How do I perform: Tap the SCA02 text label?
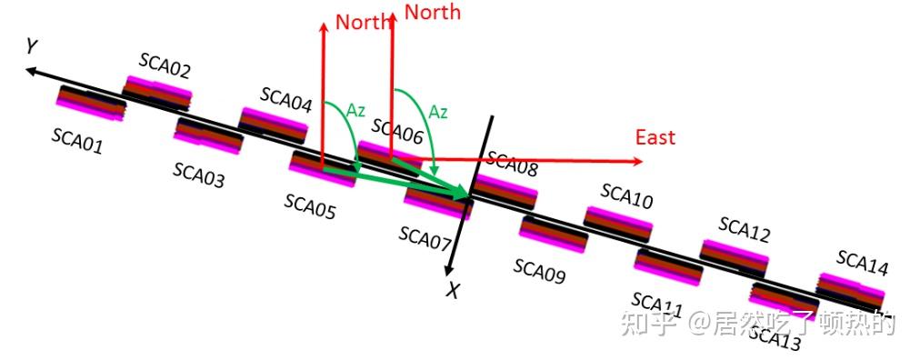[165, 65]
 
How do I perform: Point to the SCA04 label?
[285, 99]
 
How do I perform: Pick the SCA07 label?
[425, 238]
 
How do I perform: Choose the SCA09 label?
[539, 270]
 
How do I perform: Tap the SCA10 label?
[626, 195]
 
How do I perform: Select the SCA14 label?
[863, 265]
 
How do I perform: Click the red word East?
[655, 137]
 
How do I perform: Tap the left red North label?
[363, 22]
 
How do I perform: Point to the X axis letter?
[452, 290]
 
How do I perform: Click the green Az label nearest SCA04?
[355, 110]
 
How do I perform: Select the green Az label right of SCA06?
[438, 112]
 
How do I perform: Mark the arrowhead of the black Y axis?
[31, 72]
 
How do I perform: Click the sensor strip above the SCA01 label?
[91, 102]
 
